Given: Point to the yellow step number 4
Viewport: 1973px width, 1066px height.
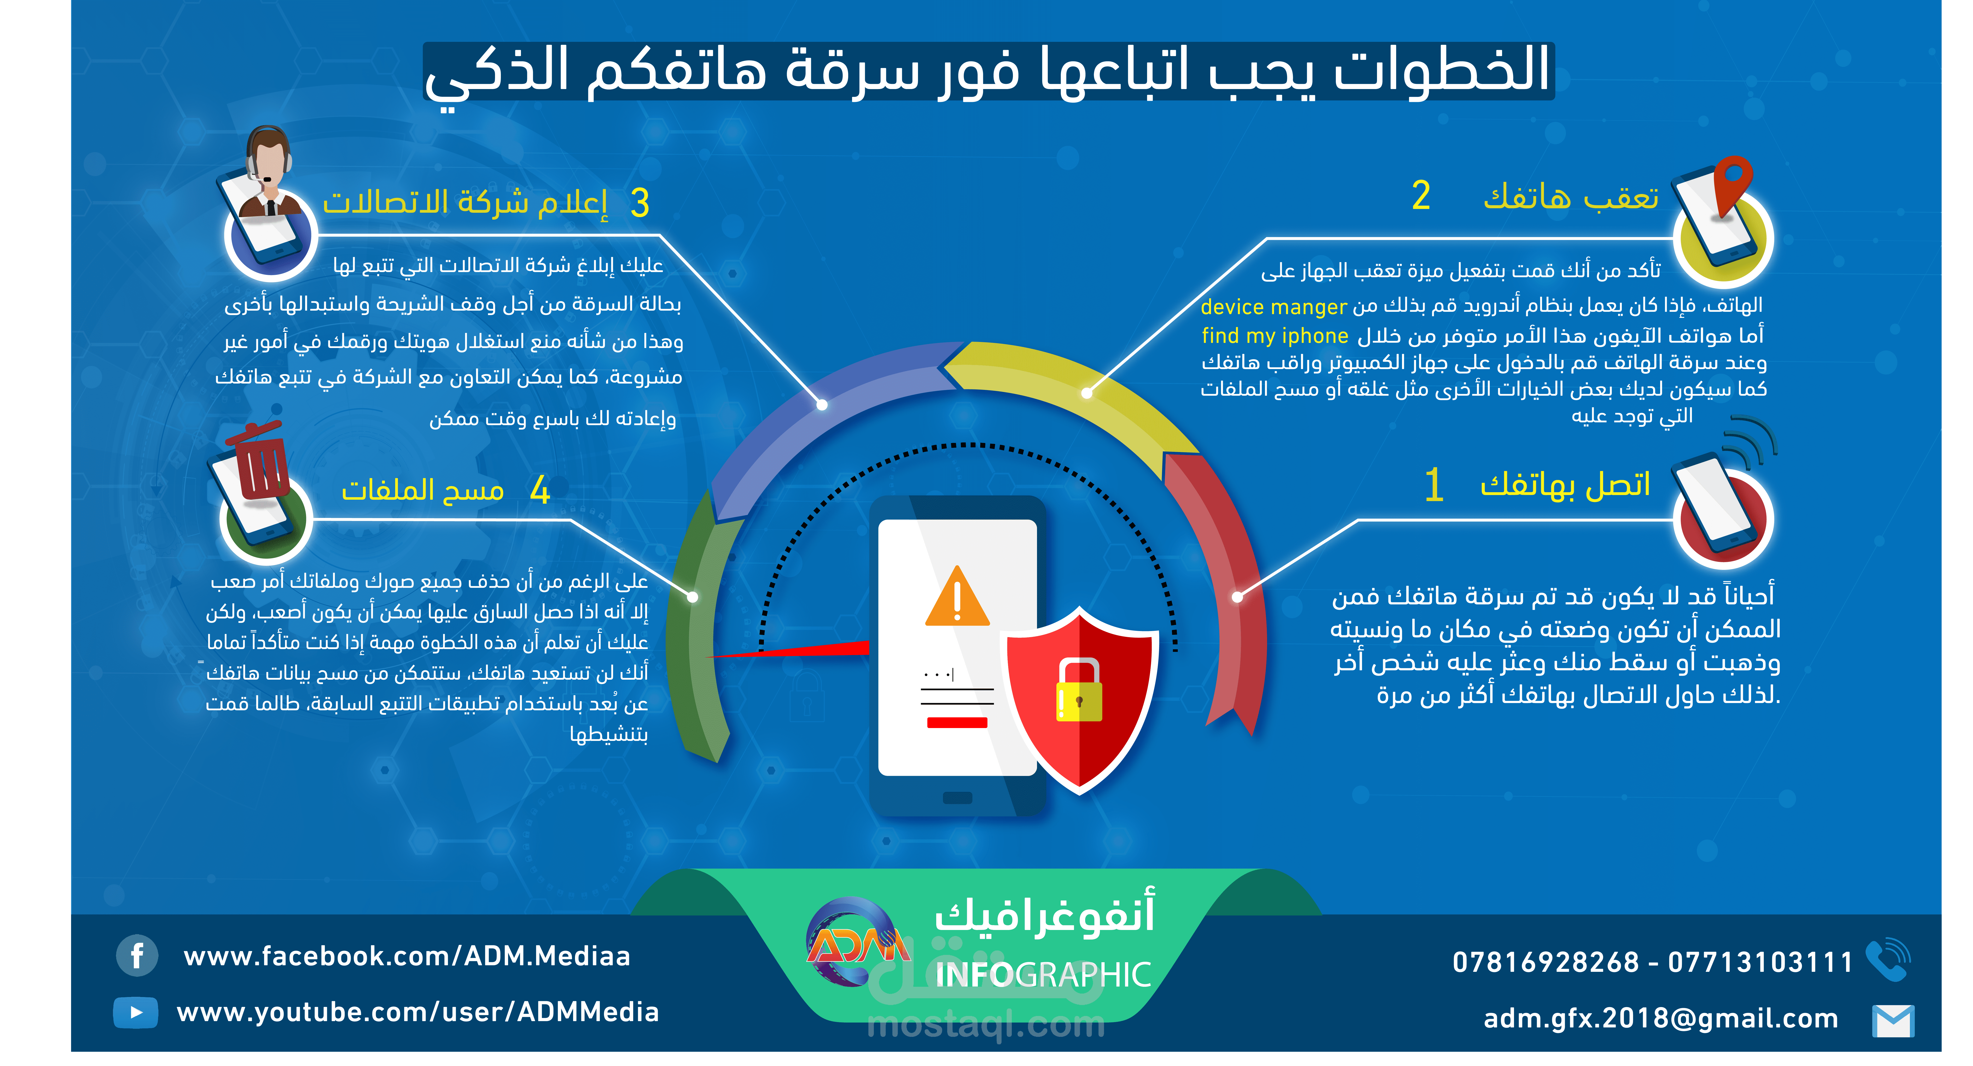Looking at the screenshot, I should [x=540, y=490].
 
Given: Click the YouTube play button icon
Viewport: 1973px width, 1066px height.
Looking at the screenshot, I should [x=136, y=1012].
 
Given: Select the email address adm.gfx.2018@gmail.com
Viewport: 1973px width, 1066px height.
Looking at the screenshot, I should [x=1661, y=1019].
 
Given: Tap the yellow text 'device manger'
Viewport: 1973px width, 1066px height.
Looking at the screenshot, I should [x=1273, y=307].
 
